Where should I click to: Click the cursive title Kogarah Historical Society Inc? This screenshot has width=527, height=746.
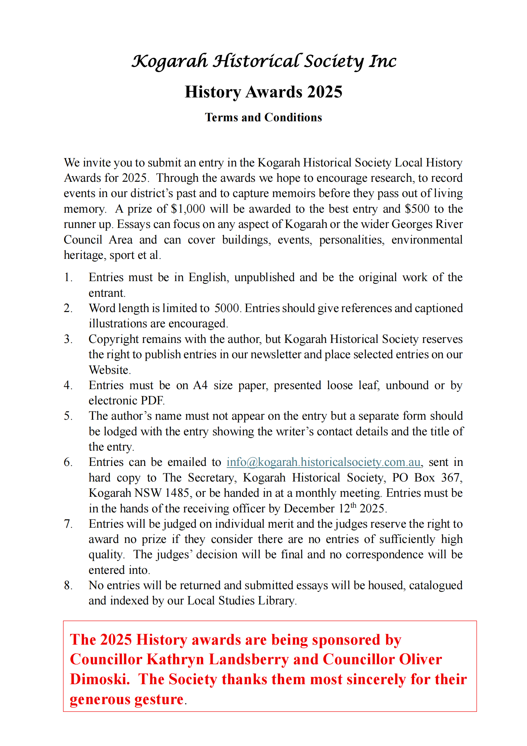click(264, 61)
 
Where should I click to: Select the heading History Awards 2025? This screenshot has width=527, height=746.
click(263, 92)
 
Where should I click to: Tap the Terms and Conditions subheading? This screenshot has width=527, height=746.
click(263, 117)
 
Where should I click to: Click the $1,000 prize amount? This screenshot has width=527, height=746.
click(188, 209)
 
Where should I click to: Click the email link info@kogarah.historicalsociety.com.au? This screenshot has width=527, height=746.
click(324, 462)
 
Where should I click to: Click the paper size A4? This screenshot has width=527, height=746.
click(200, 385)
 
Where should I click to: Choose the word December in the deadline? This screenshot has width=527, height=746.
click(309, 509)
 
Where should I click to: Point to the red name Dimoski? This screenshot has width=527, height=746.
click(99, 679)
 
